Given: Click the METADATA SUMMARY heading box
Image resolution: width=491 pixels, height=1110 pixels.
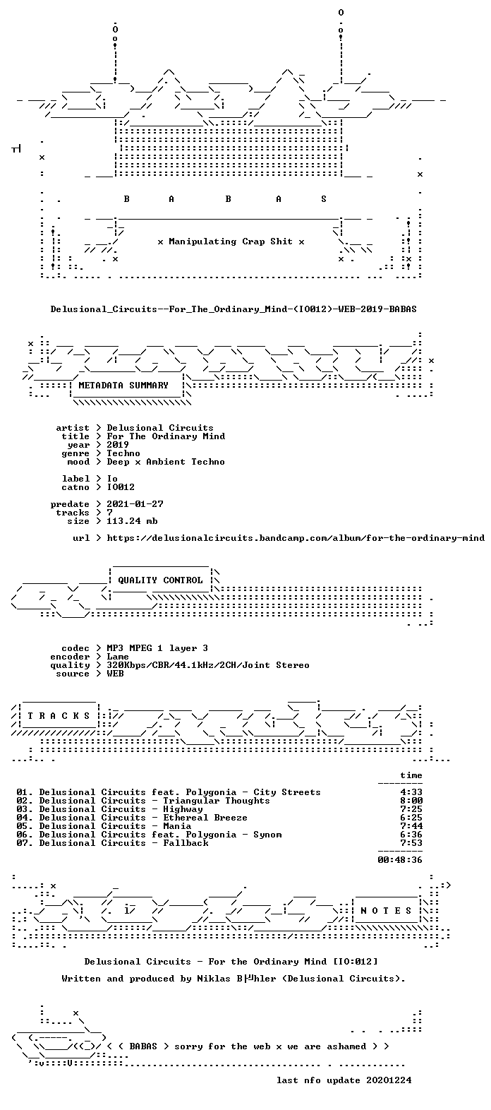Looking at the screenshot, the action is coord(123,385).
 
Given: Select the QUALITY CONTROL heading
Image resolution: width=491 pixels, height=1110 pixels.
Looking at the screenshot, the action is coord(160,580).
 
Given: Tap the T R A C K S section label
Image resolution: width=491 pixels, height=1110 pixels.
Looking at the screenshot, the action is coord(59,715).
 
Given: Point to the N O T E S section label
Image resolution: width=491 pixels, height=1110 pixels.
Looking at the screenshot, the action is coord(386,910).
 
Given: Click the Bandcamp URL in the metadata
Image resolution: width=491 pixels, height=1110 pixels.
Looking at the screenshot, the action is coord(296,538).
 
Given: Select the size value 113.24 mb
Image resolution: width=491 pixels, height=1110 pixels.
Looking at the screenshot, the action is coord(132,521).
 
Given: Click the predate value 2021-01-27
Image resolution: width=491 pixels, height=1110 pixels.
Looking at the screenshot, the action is coord(135,504).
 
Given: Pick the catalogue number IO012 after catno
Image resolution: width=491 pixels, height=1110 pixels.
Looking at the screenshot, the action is coord(121,487).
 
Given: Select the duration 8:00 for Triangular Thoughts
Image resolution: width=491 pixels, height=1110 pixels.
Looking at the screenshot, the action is coord(411,801).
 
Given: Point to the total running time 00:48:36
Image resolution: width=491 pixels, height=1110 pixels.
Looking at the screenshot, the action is coord(400,860).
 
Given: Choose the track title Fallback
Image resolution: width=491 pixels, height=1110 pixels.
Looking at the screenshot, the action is coord(186,843).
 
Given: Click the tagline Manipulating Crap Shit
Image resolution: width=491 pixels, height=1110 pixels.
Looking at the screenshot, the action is coord(231,241).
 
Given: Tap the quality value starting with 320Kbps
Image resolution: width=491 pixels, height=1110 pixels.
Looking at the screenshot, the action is coord(208,665).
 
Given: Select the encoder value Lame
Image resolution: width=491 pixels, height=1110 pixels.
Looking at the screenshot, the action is coord(118,657).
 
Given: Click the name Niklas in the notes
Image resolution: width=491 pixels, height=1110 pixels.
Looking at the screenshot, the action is coord(214,979).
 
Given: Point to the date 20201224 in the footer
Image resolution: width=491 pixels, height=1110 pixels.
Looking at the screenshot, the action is coord(389,1080).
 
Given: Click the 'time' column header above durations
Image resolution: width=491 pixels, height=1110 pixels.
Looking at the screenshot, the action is coord(411,775).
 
